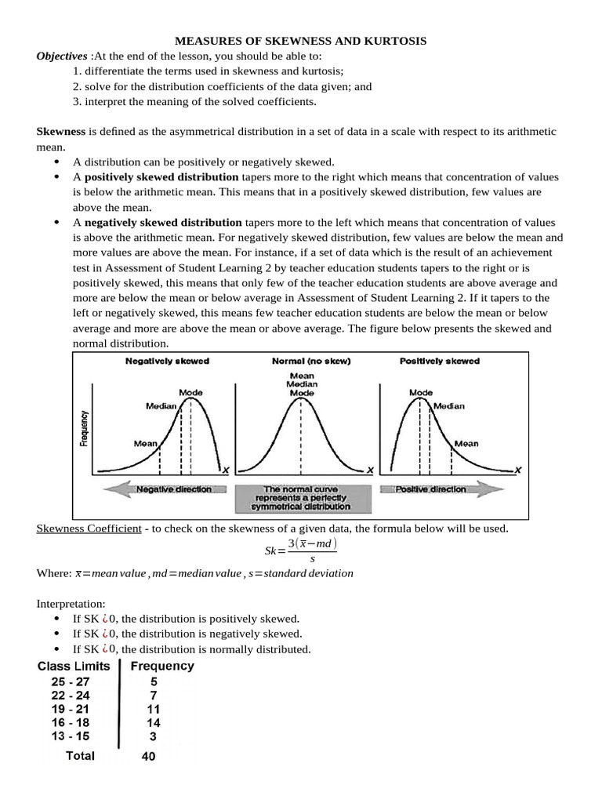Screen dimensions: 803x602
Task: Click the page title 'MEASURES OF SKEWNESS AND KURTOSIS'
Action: pyautogui.click(x=300, y=41)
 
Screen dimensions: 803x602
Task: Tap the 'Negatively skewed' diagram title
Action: pyautogui.click(x=167, y=362)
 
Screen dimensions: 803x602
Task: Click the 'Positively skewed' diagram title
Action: pyautogui.click(x=440, y=362)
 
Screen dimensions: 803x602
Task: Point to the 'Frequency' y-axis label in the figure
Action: pyautogui.click(x=83, y=429)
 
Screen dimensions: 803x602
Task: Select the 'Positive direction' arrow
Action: pyautogui.click(x=441, y=489)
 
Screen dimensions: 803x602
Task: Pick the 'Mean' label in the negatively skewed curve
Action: pyautogui.click(x=145, y=443)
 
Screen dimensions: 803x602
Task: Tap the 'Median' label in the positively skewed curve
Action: pyautogui.click(x=449, y=406)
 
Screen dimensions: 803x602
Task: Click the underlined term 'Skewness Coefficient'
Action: pyautogui.click(x=89, y=529)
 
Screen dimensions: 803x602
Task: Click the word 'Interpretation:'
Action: pyautogui.click(x=70, y=605)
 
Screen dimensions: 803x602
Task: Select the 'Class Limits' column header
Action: pyautogui.click(x=74, y=667)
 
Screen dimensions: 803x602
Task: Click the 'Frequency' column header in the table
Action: pyautogui.click(x=162, y=667)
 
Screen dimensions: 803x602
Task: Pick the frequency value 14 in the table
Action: pyautogui.click(x=153, y=722)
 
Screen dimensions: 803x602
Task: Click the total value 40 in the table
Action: pyautogui.click(x=149, y=757)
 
